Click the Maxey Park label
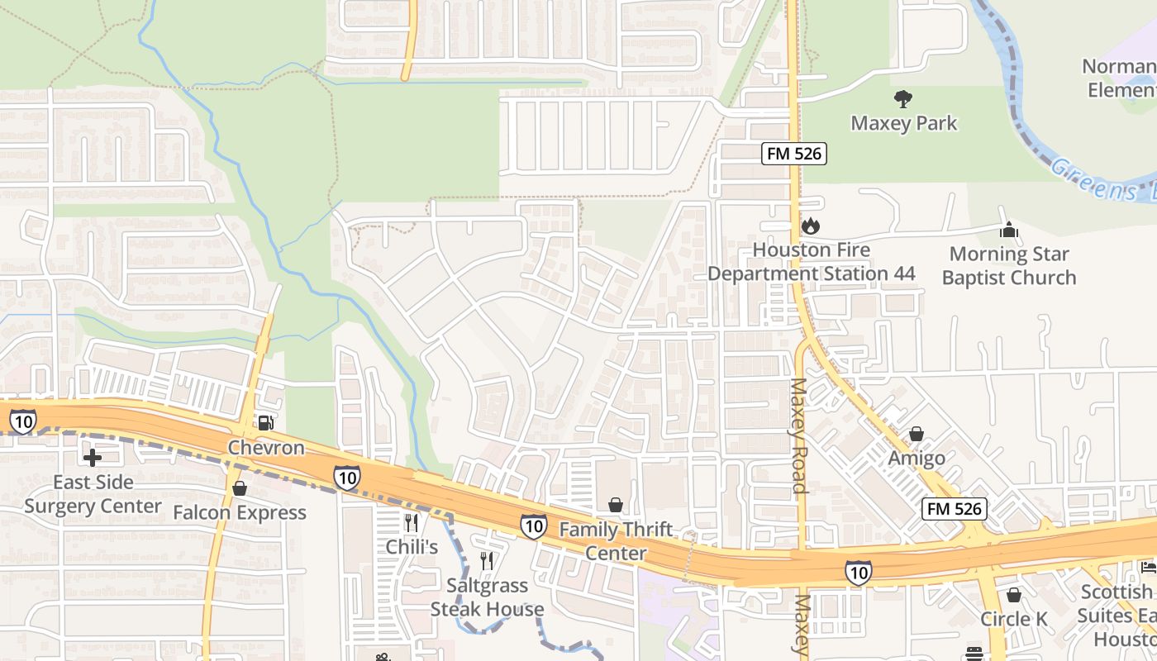[903, 123]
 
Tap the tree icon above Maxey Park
[903, 99]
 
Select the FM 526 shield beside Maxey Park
[793, 153]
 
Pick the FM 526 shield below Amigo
[955, 508]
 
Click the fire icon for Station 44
[810, 225]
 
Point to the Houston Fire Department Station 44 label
[811, 261]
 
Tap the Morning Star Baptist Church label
[1009, 265]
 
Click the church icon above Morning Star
[1008, 230]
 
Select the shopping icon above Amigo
[916, 434]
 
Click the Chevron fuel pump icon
[265, 423]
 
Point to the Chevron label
[266, 448]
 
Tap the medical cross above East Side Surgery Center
[93, 457]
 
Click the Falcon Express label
[240, 512]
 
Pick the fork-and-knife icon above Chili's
[412, 522]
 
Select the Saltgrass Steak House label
[487, 597]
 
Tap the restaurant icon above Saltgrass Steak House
[487, 561]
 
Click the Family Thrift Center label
[617, 540]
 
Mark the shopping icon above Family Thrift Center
[616, 504]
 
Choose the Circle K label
[1013, 619]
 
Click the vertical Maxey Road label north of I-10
[799, 435]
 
